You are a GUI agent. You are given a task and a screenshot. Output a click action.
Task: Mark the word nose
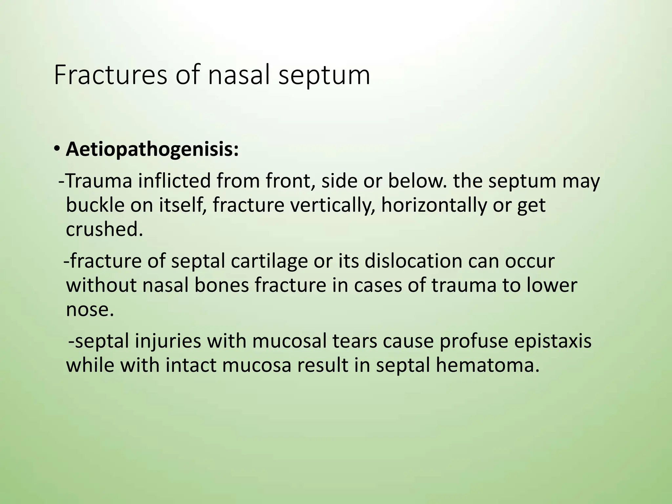click(90, 309)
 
